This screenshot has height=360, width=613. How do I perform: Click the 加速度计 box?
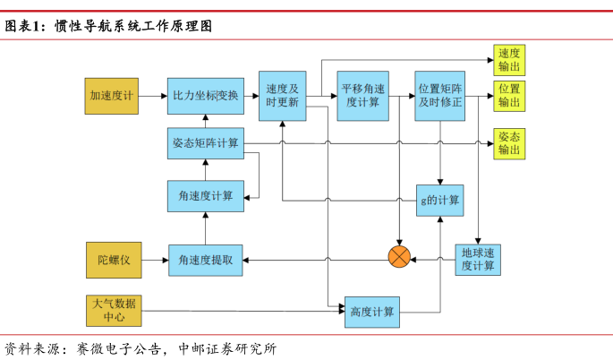[112, 96]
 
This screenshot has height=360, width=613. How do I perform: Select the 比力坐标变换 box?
[205, 96]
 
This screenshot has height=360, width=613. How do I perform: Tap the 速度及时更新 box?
[283, 96]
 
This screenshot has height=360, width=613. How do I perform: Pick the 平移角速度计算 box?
[362, 96]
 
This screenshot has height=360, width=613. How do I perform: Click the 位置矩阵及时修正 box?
[439, 96]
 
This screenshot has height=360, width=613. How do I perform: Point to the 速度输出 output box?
[509, 60]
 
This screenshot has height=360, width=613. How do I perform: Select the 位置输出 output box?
[509, 95]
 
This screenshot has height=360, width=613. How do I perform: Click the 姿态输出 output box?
[509, 142]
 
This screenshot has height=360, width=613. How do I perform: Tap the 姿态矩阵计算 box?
[205, 143]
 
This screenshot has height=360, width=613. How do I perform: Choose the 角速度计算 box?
[205, 195]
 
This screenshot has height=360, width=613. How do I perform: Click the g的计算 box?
[439, 199]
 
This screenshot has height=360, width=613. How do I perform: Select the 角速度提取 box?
[205, 260]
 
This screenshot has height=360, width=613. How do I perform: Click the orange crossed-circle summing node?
[399, 258]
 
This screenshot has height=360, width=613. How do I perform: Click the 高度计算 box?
[372, 311]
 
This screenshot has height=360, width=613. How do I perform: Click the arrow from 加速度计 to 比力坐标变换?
[153, 96]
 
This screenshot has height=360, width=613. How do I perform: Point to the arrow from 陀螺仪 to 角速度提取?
[155, 260]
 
